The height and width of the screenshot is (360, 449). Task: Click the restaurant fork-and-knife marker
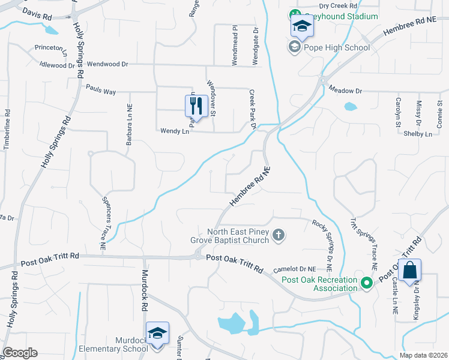click(196, 107)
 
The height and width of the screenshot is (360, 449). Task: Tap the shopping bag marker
click(409, 271)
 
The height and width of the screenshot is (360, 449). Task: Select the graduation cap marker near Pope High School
click(301, 26)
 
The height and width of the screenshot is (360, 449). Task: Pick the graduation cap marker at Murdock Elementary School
click(157, 334)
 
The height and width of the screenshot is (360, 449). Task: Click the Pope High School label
click(328, 47)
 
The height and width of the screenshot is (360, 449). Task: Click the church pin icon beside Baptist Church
click(278, 235)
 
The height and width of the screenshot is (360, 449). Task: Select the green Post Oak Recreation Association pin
click(367, 281)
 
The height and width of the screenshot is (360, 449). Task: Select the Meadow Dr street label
click(346, 91)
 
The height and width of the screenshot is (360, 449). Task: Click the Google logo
click(20, 353)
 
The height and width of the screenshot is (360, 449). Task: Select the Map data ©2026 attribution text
click(423, 355)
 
